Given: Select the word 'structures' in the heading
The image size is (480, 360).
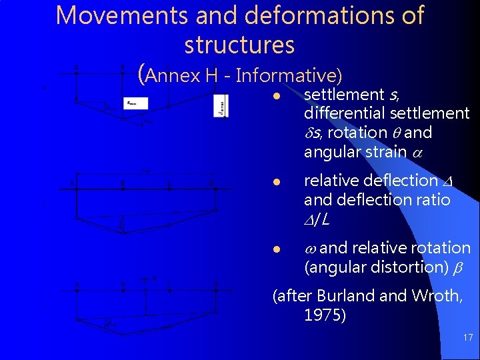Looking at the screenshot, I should [239, 45].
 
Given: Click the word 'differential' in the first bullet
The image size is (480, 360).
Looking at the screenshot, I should [344, 113].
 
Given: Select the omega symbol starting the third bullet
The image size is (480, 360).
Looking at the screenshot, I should [310, 249].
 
